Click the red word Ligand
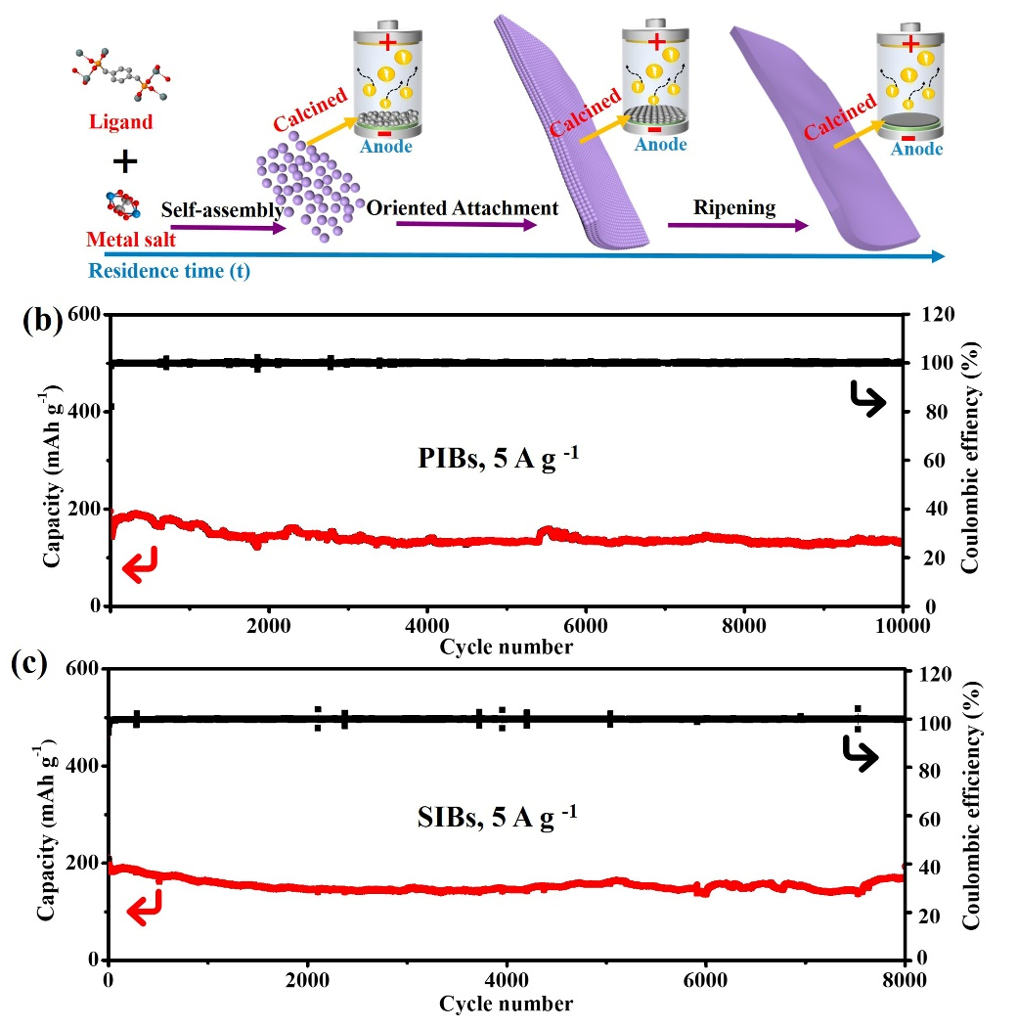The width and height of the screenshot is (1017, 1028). click(121, 122)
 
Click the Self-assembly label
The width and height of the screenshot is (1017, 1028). click(222, 210)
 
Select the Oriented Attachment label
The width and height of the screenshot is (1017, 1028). click(463, 208)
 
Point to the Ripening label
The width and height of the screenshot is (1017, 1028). click(734, 208)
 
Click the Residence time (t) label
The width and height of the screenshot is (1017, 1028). click(169, 272)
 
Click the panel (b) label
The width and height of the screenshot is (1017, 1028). click(42, 320)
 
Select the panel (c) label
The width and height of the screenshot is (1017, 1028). click(42, 664)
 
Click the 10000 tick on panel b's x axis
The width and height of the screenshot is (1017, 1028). click(901, 626)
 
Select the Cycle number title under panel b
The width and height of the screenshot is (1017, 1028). click(506, 647)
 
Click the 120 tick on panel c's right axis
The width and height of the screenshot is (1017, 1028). click(930, 675)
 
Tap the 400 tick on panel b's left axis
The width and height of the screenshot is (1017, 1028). click(88, 412)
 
